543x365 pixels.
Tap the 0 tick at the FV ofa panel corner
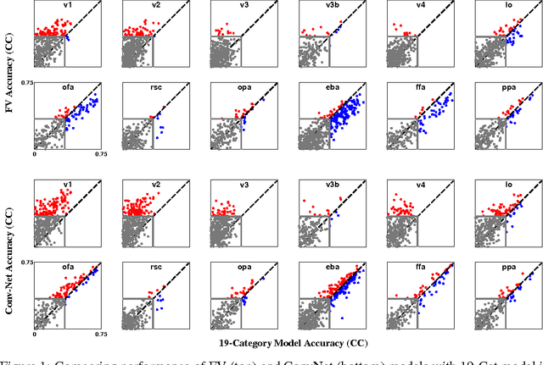click(x=34, y=155)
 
